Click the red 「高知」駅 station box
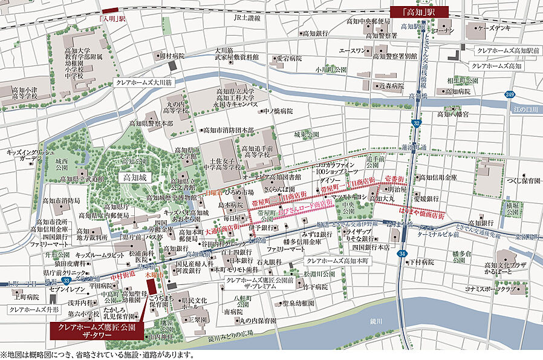coord(419,11)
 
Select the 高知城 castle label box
coord(134,178)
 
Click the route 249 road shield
coord(509,94)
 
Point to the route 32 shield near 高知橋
coord(417,123)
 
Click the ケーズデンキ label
coord(494,28)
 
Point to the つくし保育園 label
coord(516,180)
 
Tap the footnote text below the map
coord(97,355)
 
